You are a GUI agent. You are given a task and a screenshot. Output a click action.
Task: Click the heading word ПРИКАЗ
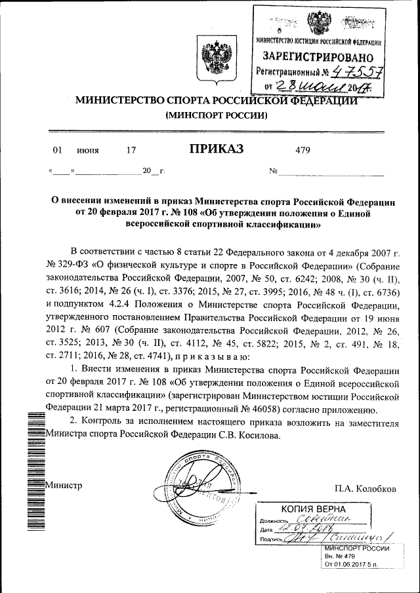tap(217, 149)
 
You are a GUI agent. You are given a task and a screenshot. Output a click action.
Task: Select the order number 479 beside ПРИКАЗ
tap(303, 150)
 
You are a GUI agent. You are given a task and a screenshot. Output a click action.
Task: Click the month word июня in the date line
tap(88, 150)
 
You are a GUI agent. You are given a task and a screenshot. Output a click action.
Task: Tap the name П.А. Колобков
tap(365, 489)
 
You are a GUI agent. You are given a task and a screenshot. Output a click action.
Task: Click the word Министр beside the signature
tap(63, 486)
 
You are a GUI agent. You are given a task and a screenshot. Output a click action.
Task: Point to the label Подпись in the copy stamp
tap(272, 540)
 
